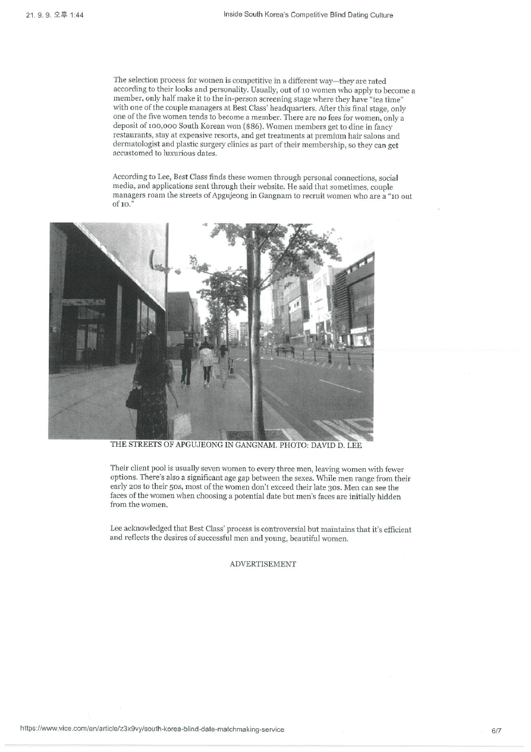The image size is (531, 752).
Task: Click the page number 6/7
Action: click(x=496, y=729)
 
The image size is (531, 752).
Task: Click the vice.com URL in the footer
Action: click(x=152, y=729)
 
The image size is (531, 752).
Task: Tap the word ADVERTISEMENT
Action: click(x=262, y=564)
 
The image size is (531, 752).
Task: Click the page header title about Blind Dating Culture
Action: click(x=308, y=15)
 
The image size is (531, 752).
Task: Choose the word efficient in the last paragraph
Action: click(x=396, y=529)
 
